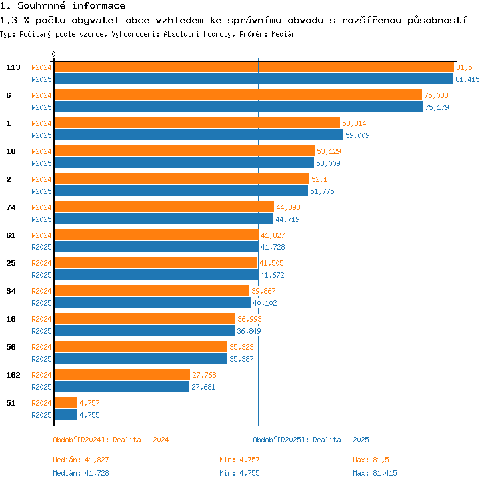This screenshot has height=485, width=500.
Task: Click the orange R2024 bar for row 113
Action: coord(254,67)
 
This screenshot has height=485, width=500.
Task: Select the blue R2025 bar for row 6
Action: coord(239,107)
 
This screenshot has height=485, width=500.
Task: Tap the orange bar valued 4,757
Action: coord(66,402)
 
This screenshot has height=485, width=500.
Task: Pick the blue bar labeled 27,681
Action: coord(122,386)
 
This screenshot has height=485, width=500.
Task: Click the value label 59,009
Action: coord(357,135)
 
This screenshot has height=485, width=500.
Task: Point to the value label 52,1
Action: coord(319,179)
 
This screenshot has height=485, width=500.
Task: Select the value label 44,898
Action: coord(288,207)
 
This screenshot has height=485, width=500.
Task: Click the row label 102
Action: coord(13,375)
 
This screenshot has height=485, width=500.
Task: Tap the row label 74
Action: coord(11,207)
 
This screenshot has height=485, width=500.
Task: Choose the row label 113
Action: coord(13,67)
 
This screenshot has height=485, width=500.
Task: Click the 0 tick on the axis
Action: coord(53,54)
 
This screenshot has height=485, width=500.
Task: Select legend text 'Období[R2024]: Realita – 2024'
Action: coord(111,440)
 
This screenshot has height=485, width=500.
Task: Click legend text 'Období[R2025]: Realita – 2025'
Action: coord(311,440)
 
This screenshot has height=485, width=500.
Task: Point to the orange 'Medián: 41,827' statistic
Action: coord(81,460)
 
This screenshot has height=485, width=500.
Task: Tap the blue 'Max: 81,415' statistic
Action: coord(375,473)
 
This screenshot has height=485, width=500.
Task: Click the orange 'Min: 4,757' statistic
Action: coord(239,460)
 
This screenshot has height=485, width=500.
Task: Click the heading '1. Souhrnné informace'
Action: coord(63,5)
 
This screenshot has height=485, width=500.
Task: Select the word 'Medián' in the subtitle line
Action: coord(283,34)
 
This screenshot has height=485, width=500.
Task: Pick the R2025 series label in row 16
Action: coord(41,331)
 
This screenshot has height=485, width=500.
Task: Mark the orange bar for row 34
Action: coord(152,290)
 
